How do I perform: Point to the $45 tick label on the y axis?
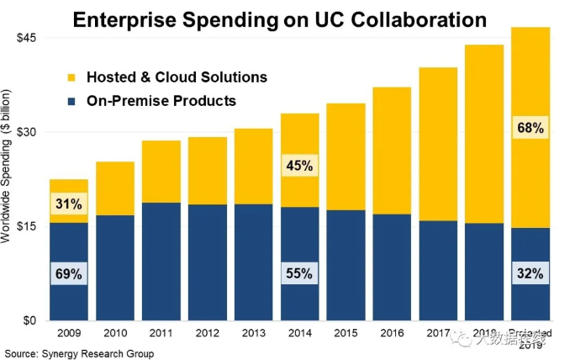click(x=29, y=38)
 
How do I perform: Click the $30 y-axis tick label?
click(x=29, y=132)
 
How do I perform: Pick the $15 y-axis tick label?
click(x=29, y=226)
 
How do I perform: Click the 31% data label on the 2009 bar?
click(x=69, y=204)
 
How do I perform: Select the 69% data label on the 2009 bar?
click(x=69, y=273)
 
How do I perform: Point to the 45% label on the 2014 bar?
click(x=299, y=166)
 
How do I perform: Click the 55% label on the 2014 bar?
click(x=299, y=273)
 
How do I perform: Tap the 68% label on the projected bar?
click(x=530, y=129)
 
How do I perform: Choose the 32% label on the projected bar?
click(x=530, y=273)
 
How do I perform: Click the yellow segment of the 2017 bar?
click(x=438, y=144)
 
